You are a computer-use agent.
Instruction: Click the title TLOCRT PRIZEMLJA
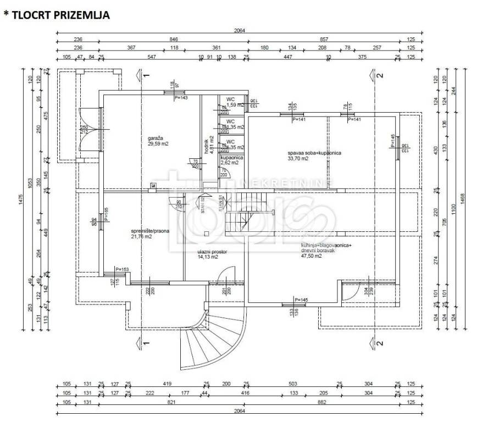(60, 15)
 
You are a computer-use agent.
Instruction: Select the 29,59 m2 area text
(158, 143)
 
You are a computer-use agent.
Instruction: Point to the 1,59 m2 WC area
(236, 105)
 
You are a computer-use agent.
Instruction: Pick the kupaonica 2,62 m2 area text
(229, 163)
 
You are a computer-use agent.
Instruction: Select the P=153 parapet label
(122, 269)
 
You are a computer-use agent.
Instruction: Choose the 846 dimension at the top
(174, 39)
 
